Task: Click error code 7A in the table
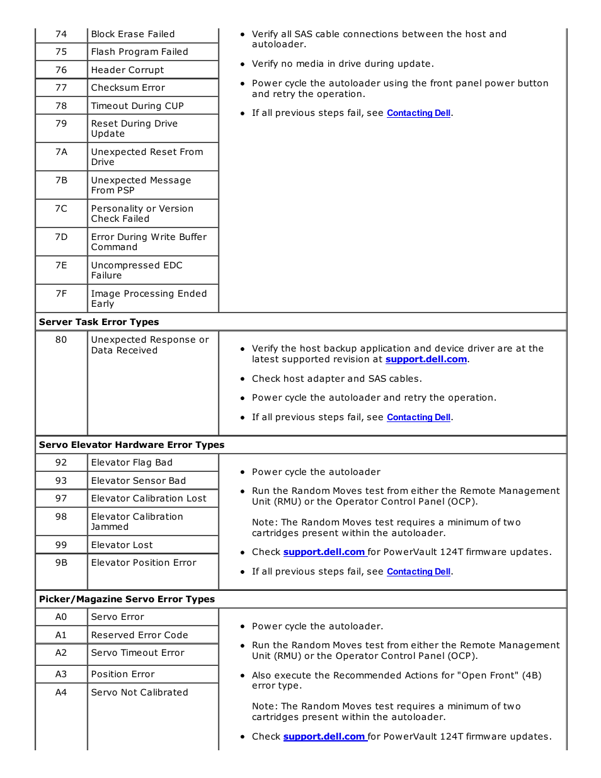[x=61, y=152]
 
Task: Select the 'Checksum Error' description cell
[x=128, y=88]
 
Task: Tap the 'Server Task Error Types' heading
[x=99, y=322]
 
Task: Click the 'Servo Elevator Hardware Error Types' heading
[x=132, y=445]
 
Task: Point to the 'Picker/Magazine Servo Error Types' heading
[x=127, y=599]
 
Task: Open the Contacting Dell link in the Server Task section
[x=418, y=417]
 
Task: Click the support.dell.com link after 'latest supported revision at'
[x=426, y=359]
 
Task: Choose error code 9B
[x=61, y=563]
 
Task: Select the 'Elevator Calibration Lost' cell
[x=149, y=498]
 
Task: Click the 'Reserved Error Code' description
[x=139, y=635]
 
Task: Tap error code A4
[x=61, y=692]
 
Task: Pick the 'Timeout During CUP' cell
[x=137, y=106]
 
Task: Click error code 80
[x=61, y=340]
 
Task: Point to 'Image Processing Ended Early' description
[x=149, y=299]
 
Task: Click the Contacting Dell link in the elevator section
[x=418, y=571]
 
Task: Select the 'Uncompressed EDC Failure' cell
[x=137, y=270]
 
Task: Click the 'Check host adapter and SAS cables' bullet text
[x=336, y=379]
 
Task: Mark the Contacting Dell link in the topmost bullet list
[x=418, y=113]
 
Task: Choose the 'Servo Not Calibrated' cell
[x=139, y=692]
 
